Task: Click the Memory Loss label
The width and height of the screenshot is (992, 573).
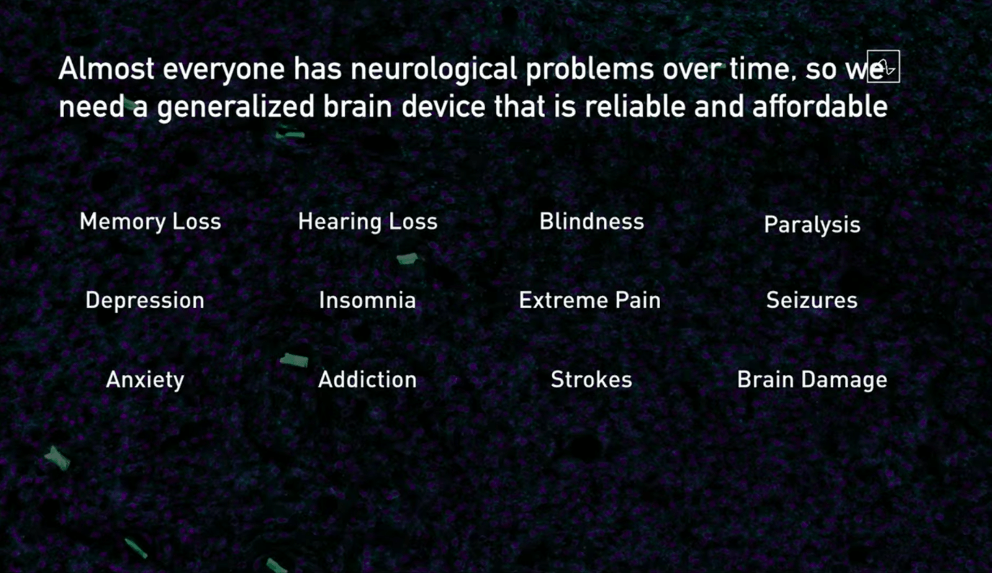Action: pyautogui.click(x=150, y=222)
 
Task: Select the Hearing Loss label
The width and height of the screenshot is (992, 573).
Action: pyautogui.click(x=368, y=222)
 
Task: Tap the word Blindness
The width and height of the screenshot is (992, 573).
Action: pyautogui.click(x=592, y=222)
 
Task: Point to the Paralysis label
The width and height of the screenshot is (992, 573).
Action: pyautogui.click(x=812, y=225)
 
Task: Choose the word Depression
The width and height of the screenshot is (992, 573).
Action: pyautogui.click(x=145, y=301)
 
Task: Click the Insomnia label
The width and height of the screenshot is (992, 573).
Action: pyautogui.click(x=368, y=300)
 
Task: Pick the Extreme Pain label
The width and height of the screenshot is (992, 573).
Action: pyautogui.click(x=590, y=300)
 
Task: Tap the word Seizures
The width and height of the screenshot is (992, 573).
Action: pyautogui.click(x=812, y=300)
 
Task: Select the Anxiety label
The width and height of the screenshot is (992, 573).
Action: pyautogui.click(x=145, y=380)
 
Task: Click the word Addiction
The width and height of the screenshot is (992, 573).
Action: pyautogui.click(x=368, y=379)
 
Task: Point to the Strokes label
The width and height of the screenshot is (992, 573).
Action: pyautogui.click(x=592, y=379)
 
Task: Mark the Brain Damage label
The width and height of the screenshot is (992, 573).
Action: pyautogui.click(x=812, y=380)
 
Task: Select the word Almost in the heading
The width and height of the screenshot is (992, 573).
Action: pyautogui.click(x=107, y=68)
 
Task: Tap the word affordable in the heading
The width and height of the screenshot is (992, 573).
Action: pyautogui.click(x=820, y=107)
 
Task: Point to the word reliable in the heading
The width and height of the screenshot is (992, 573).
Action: pyautogui.click(x=636, y=107)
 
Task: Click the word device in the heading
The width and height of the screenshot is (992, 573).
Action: pyautogui.click(x=443, y=107)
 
